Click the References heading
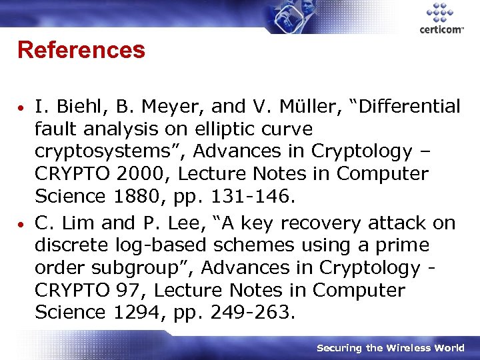tap(81, 49)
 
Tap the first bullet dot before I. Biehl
tap(22, 107)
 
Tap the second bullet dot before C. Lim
tap(22, 224)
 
